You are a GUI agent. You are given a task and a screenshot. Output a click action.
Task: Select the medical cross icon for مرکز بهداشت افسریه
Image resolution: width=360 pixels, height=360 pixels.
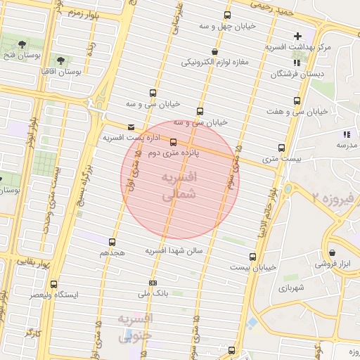(297, 36)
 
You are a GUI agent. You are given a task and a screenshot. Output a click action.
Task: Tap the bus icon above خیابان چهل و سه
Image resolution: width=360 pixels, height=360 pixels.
(226, 15)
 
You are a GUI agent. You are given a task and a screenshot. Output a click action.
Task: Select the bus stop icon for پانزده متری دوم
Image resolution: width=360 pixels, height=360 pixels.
(174, 142)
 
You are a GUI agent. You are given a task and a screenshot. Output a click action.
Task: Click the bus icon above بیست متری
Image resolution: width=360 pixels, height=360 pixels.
(282, 148)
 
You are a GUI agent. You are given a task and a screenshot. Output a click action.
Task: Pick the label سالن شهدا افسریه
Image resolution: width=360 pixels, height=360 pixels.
(174, 250)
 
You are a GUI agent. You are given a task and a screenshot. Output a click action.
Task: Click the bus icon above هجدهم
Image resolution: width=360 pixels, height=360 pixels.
(112, 242)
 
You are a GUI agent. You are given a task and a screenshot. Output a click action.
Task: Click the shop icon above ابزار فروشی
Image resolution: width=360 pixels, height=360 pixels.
(331, 253)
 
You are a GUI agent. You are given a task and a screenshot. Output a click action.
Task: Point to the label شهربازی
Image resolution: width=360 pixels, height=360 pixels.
(290, 288)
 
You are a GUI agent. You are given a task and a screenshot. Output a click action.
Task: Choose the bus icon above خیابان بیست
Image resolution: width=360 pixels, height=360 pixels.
(252, 257)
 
